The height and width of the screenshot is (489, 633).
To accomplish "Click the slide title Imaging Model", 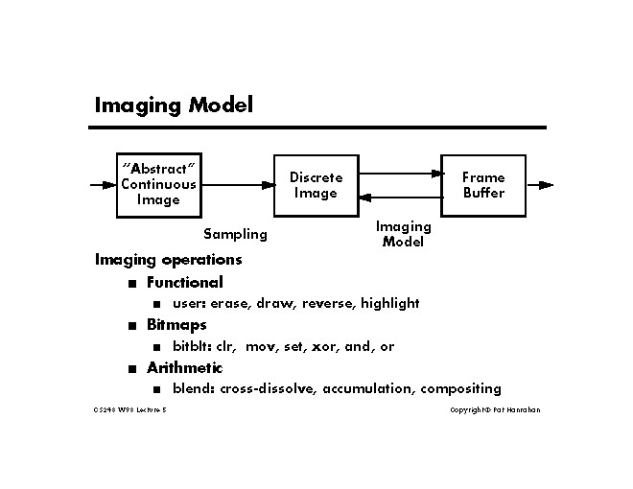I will click(x=173, y=105).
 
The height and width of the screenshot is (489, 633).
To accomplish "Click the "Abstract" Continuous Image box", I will click(x=157, y=184).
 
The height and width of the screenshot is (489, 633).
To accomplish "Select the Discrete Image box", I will click(x=316, y=185).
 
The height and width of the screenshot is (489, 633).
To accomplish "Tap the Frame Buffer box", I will click(x=482, y=185).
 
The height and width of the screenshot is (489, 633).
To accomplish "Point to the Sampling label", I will click(x=235, y=234).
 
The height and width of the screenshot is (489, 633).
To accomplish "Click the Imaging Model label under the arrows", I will click(x=403, y=234).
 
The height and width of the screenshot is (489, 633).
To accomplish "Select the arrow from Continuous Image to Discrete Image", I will click(x=236, y=185).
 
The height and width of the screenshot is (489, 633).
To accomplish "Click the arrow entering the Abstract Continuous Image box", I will click(x=102, y=185).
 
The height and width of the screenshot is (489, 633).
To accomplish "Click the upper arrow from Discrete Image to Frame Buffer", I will click(x=400, y=174).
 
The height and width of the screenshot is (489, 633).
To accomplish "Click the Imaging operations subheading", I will click(x=168, y=259).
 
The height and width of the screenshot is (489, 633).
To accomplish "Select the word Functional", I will click(x=184, y=282).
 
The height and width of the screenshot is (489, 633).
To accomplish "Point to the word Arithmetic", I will click(x=184, y=367).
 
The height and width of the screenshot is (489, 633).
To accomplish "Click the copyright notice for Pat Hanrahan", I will click(x=495, y=410).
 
